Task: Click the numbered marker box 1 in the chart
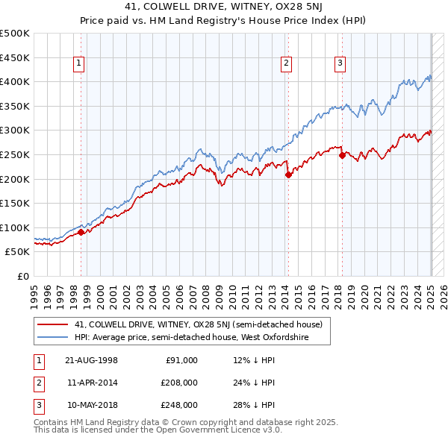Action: pos(78,64)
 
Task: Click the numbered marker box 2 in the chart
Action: pos(286,64)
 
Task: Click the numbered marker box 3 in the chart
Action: pos(340,64)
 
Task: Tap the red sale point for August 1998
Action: pos(81,232)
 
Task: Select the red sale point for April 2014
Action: pos(287,175)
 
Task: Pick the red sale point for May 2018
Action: pos(342,155)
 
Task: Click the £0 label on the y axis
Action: pos(22,276)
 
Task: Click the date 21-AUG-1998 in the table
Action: pos(91,360)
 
